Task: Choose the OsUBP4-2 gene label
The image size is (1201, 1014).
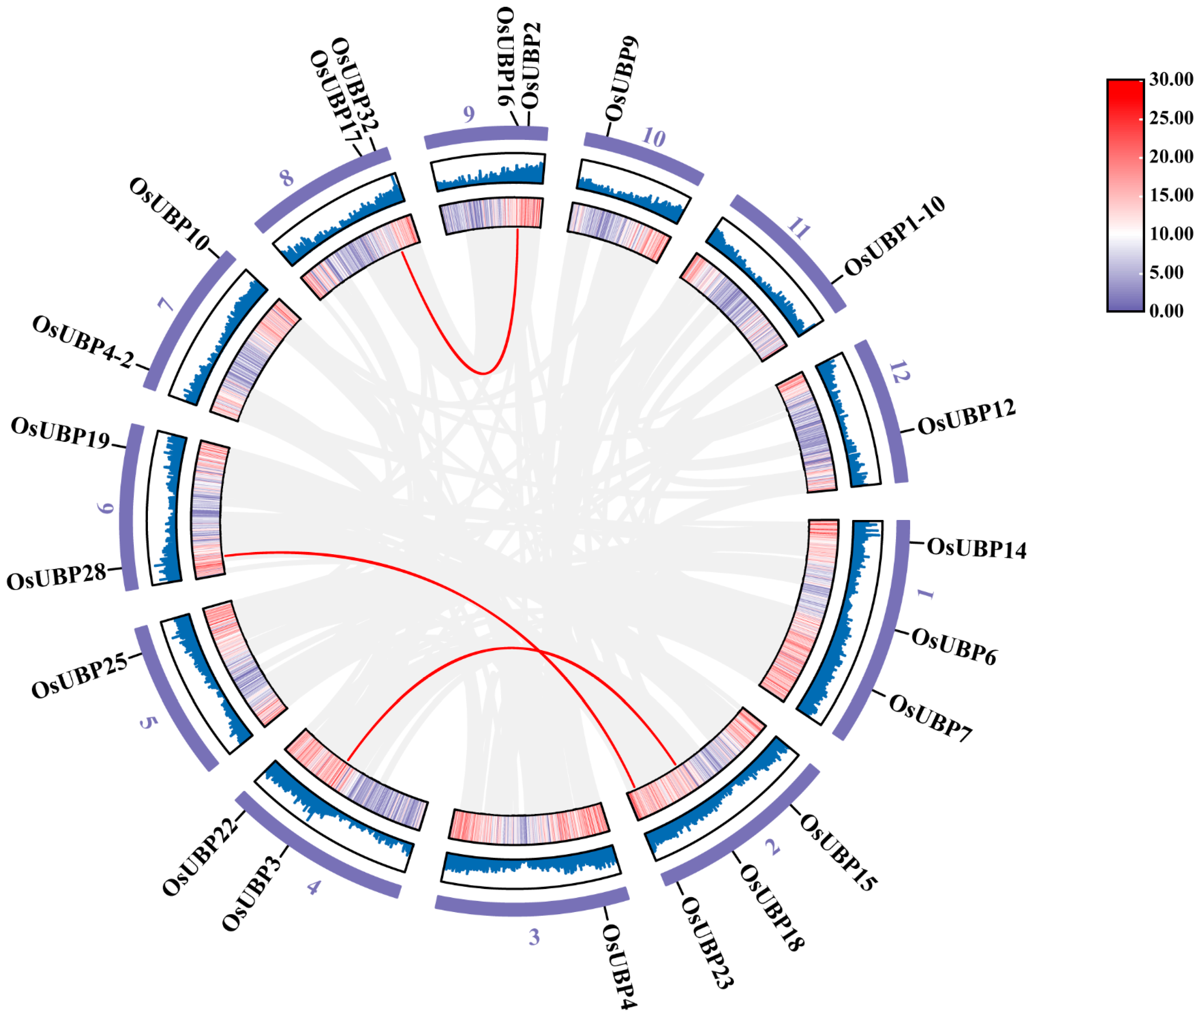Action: [x=83, y=342]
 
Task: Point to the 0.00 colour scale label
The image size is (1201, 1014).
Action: [x=1166, y=311]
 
